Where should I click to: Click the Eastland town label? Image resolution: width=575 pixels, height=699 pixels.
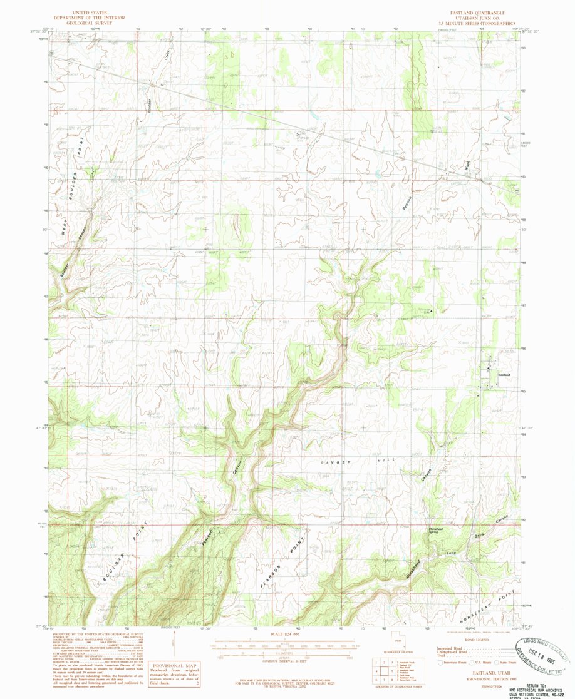pos(504,375)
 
